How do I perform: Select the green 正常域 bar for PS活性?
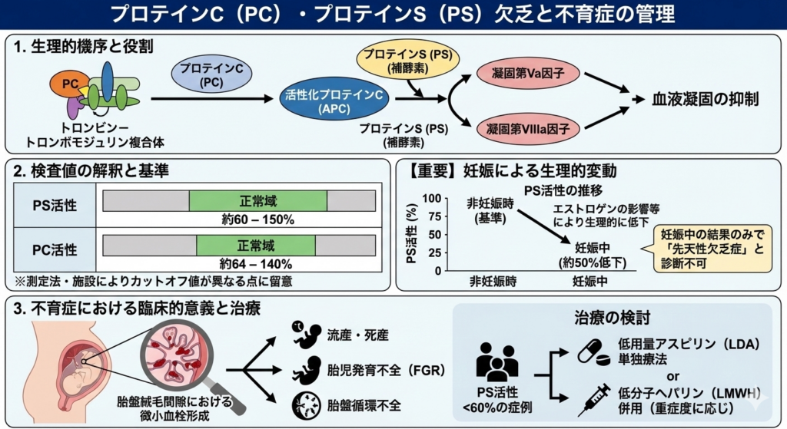click(257, 201)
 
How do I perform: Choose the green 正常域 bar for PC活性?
click(255, 246)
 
